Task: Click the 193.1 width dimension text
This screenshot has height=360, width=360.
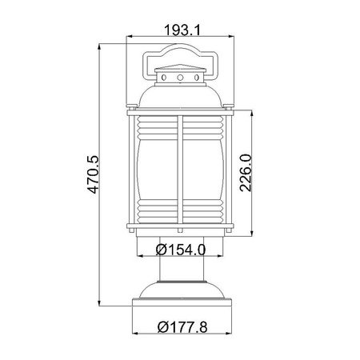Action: (x=181, y=30)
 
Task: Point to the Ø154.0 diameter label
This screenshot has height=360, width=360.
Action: (x=182, y=249)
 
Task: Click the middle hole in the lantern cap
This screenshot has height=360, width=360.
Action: (x=181, y=78)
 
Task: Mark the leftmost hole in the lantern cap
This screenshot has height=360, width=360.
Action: (x=166, y=78)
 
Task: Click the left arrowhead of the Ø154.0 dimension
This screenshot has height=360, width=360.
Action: (x=141, y=258)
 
